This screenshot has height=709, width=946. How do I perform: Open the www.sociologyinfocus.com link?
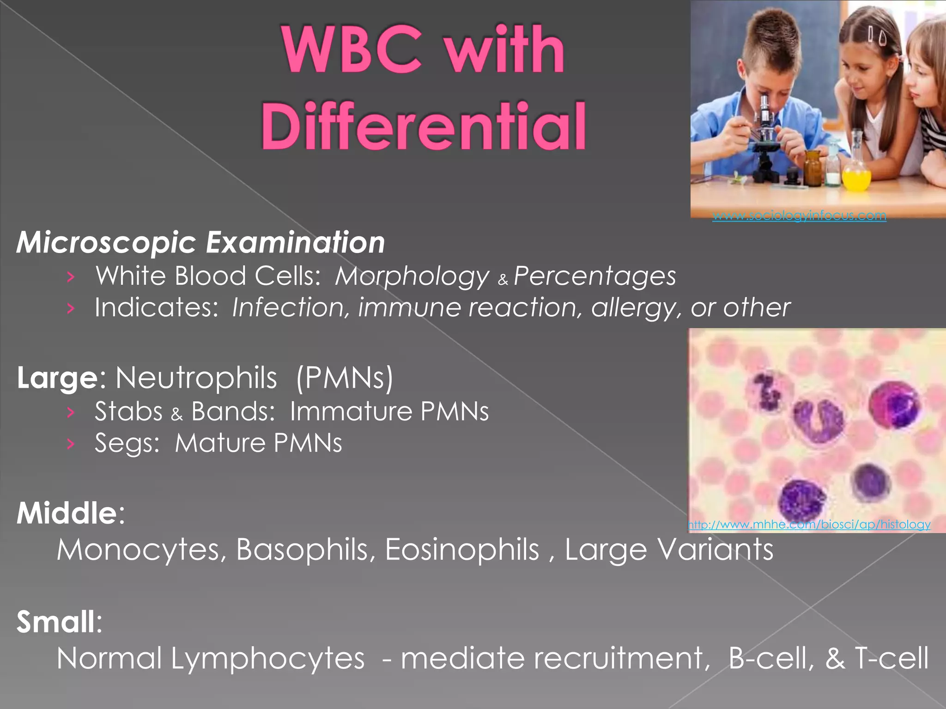click(x=799, y=216)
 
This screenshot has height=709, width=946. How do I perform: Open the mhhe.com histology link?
click(x=809, y=524)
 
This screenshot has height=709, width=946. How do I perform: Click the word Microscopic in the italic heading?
click(x=107, y=243)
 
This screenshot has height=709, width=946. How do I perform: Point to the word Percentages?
click(x=594, y=276)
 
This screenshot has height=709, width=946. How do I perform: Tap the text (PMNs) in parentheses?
click(x=345, y=378)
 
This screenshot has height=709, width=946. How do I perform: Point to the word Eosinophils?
click(x=462, y=549)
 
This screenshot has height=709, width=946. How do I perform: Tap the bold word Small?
click(x=56, y=622)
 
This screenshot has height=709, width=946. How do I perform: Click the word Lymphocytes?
click(x=268, y=658)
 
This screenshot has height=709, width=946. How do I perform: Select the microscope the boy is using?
click(x=765, y=138)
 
